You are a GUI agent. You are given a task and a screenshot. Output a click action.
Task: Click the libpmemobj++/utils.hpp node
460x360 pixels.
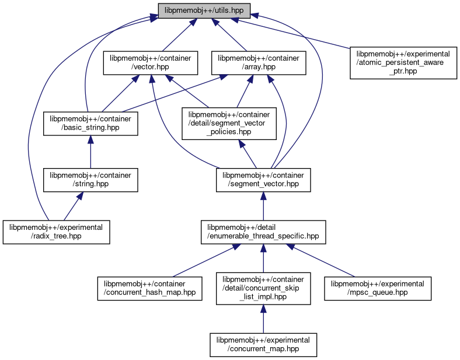[204, 11]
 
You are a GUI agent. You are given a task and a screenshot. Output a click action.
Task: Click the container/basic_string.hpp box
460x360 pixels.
[90, 124]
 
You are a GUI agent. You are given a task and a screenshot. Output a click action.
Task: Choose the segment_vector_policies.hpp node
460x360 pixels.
[228, 124]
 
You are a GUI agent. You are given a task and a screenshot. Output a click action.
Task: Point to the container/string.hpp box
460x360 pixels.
[90, 180]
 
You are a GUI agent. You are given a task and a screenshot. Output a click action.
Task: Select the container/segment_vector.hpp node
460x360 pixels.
[263, 180]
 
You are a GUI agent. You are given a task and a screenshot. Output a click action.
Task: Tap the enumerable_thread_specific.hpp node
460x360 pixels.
[263, 232]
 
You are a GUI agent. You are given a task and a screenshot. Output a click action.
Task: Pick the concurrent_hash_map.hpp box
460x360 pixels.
[149, 288]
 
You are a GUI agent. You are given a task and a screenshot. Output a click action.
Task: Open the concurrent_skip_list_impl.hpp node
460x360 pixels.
[262, 288]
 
